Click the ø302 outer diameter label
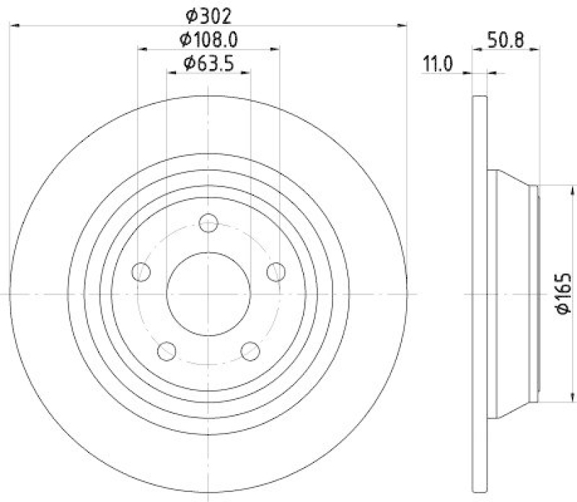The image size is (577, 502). tap(208, 14)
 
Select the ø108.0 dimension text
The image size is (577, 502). tap(208, 39)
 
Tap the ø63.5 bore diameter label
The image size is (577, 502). tap(208, 63)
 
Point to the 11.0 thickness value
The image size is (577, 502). tap(437, 64)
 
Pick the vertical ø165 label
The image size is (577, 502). tap(564, 293)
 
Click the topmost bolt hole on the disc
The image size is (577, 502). tap(208, 223)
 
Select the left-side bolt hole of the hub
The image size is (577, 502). tap(141, 272)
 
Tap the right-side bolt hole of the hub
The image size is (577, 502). tap(276, 272)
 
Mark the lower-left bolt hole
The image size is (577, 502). tap(167, 351)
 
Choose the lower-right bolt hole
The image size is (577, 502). tap(250, 351)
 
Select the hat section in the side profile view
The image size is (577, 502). tap(512, 293)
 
